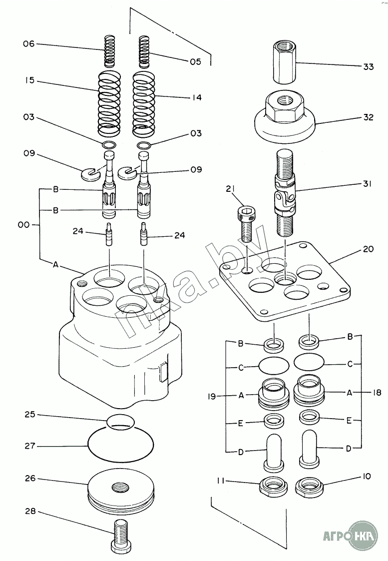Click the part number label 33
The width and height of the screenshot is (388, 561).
pos(368,66)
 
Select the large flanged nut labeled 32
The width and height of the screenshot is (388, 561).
pos(284,116)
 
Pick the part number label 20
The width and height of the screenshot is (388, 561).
pos(368,249)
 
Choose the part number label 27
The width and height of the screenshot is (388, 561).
pos(30,446)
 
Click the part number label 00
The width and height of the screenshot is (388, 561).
pos(23,225)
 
